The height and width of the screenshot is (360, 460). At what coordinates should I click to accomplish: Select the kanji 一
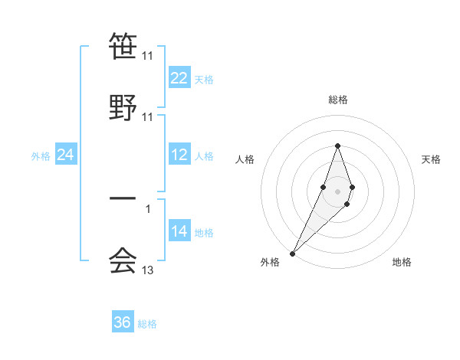pos(123,198)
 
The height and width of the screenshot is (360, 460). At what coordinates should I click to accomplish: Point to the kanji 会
pos(123,260)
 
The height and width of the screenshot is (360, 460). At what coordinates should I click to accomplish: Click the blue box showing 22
pos(179,78)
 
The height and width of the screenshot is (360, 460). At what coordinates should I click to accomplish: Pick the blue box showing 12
pos(179,155)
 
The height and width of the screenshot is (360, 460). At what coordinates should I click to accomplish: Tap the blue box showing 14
pos(179,231)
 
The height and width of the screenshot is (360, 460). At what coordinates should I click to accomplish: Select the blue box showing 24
pos(66,155)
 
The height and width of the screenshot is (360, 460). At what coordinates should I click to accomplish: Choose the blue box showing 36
pos(123,322)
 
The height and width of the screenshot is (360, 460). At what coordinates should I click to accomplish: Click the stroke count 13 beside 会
pos(148,270)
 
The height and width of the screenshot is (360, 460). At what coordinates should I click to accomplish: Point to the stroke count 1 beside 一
pos(148,208)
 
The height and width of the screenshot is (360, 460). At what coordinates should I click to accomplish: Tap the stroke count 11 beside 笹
pos(148,56)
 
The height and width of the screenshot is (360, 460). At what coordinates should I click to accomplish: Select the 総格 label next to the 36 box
pos(147,324)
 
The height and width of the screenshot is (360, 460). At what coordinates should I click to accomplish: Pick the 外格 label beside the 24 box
pos(41,156)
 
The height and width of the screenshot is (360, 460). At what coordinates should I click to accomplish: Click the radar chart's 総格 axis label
pos(337,100)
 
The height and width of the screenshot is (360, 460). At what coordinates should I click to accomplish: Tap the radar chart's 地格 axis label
pos(402,262)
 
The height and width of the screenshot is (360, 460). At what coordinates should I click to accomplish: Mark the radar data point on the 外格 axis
pos(292,253)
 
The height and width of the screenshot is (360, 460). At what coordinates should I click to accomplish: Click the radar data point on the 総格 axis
pos(337,146)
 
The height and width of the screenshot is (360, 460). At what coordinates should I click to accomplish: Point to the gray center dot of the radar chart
pos(337,190)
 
